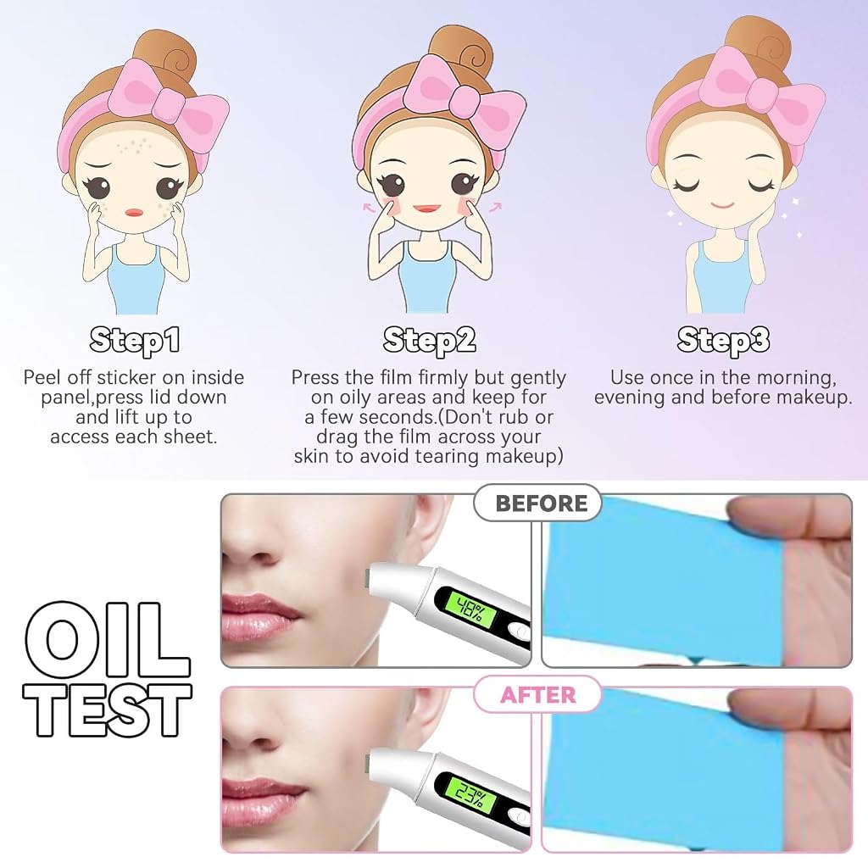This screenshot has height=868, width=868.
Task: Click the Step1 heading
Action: click(x=135, y=340)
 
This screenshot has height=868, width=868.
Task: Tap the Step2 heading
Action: click(x=429, y=340)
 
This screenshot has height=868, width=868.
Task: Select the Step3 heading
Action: click(x=723, y=340)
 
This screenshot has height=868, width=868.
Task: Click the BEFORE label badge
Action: click(x=537, y=503)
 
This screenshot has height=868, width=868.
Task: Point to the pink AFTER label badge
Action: click(x=537, y=694)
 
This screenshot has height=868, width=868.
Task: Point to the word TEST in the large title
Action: click(x=107, y=710)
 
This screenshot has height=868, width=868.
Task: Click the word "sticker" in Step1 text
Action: click(x=130, y=377)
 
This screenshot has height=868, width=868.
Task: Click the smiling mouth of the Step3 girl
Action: click(x=722, y=205)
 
